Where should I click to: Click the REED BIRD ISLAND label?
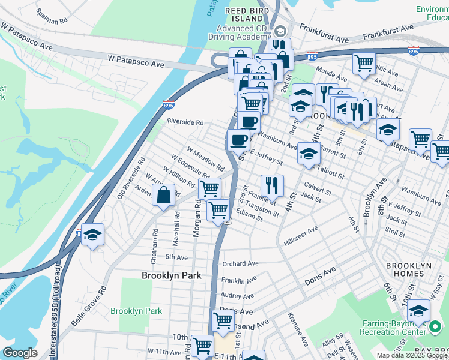pos(245,15)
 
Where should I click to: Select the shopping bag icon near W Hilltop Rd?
pos(164,194)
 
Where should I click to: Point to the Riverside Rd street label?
pos(185,122)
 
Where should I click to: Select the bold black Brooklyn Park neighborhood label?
pos(171,275)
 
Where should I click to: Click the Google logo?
pos(20,353)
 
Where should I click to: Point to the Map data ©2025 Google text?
pos(412,355)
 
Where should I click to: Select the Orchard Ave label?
pos(240,263)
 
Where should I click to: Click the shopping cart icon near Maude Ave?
pos(364,62)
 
